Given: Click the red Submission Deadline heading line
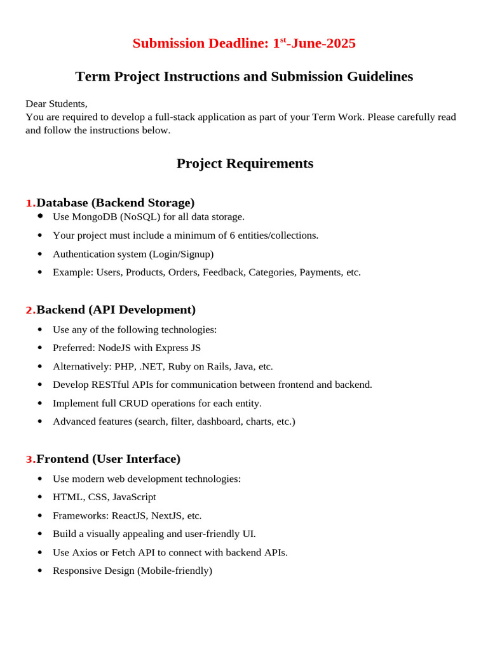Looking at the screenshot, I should coord(244,43).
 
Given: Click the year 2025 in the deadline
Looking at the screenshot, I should coord(341,43).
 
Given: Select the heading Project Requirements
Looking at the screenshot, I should coord(245,163).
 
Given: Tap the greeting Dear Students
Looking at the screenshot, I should coord(56,103).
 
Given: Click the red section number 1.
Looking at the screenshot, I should coord(30,203).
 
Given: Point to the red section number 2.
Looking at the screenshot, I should coord(30,310).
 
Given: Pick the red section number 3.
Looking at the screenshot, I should coord(30,460).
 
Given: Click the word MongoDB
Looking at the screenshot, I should coord(95,216).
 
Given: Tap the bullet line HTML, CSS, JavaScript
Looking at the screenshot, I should coord(104,496).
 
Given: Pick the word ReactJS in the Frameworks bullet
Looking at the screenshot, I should coord(130,515).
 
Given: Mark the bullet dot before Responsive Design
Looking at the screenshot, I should coord(40,571).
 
